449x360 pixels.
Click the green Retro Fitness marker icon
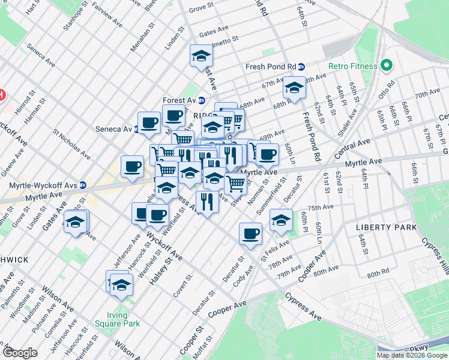(387, 65)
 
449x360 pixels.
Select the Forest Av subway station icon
(202, 100)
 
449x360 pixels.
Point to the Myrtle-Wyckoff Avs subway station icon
(82, 185)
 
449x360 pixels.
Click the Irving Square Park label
(118, 319)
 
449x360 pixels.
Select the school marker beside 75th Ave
(281, 220)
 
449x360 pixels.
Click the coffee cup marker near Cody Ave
(250, 233)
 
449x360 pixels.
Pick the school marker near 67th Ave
(294, 88)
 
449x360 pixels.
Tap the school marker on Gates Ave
(75, 223)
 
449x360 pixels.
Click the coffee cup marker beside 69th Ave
(268, 154)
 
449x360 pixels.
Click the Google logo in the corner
(20, 352)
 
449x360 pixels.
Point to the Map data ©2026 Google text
(412, 355)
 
